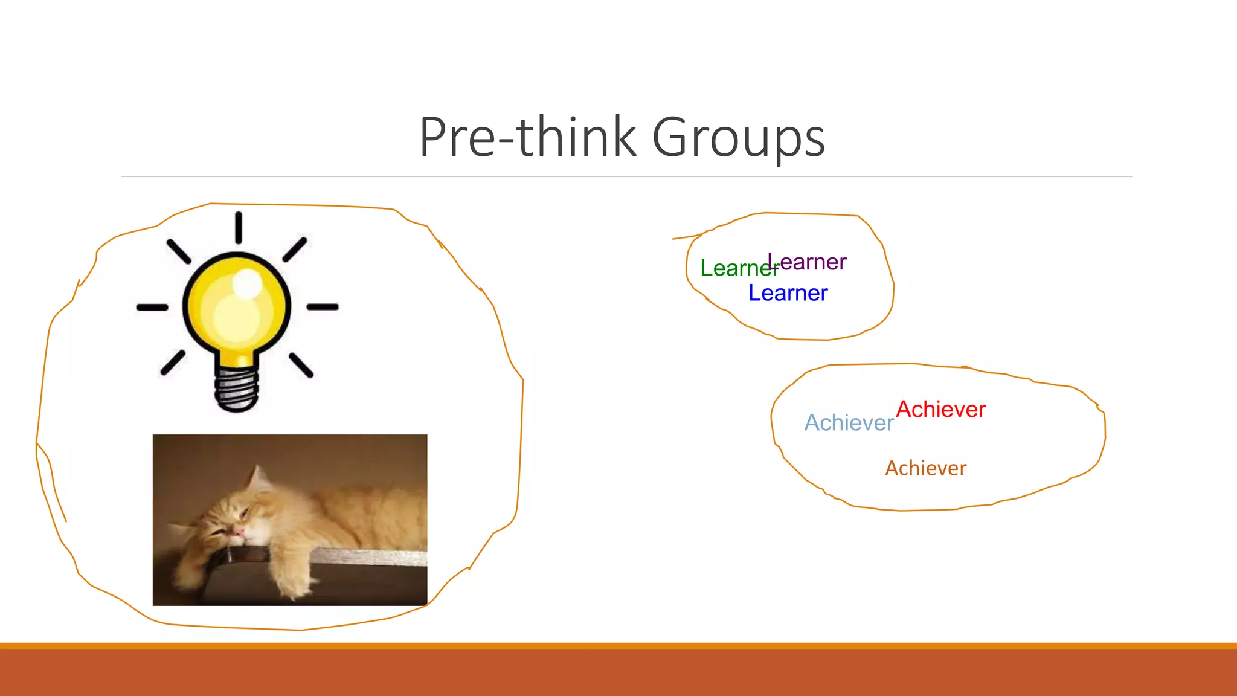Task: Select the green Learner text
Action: coord(731,268)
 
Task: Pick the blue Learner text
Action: coord(788,293)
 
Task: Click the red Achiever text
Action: coord(940,410)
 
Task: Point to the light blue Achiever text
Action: coord(849,423)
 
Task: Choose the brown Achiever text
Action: coord(925,468)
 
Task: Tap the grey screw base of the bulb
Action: coord(237,390)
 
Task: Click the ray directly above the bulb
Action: coord(239,228)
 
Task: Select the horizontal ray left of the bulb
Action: coord(152,308)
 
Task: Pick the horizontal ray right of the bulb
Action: coord(323,307)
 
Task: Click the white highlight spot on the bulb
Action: coord(246,282)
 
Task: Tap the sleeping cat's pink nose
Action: coord(239,531)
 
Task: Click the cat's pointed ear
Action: coord(259,477)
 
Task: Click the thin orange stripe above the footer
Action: coord(618,646)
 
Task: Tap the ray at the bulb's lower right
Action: coord(301,366)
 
